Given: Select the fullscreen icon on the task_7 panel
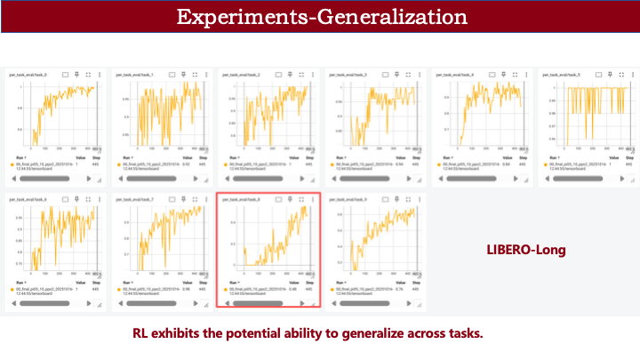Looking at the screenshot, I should pyautogui.click(x=196, y=199).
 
